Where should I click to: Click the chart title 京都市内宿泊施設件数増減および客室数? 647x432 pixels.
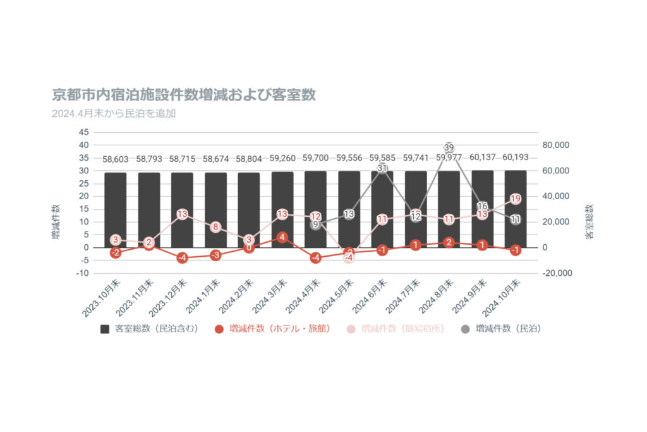184,96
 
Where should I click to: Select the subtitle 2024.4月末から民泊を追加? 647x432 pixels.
114,114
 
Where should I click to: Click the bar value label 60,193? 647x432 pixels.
516,157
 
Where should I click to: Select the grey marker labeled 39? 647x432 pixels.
449,147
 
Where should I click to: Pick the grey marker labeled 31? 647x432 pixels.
382,168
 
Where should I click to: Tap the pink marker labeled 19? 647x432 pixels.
516,199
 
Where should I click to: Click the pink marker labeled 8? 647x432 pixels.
215,227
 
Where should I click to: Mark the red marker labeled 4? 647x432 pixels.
282,237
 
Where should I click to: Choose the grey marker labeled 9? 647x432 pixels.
315,224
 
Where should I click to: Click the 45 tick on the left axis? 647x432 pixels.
84,132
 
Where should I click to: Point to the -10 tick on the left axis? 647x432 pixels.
83,273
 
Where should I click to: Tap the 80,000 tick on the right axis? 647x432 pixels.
557,145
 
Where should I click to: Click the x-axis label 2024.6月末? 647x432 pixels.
368,298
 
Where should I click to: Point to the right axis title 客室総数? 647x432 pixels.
589,221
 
